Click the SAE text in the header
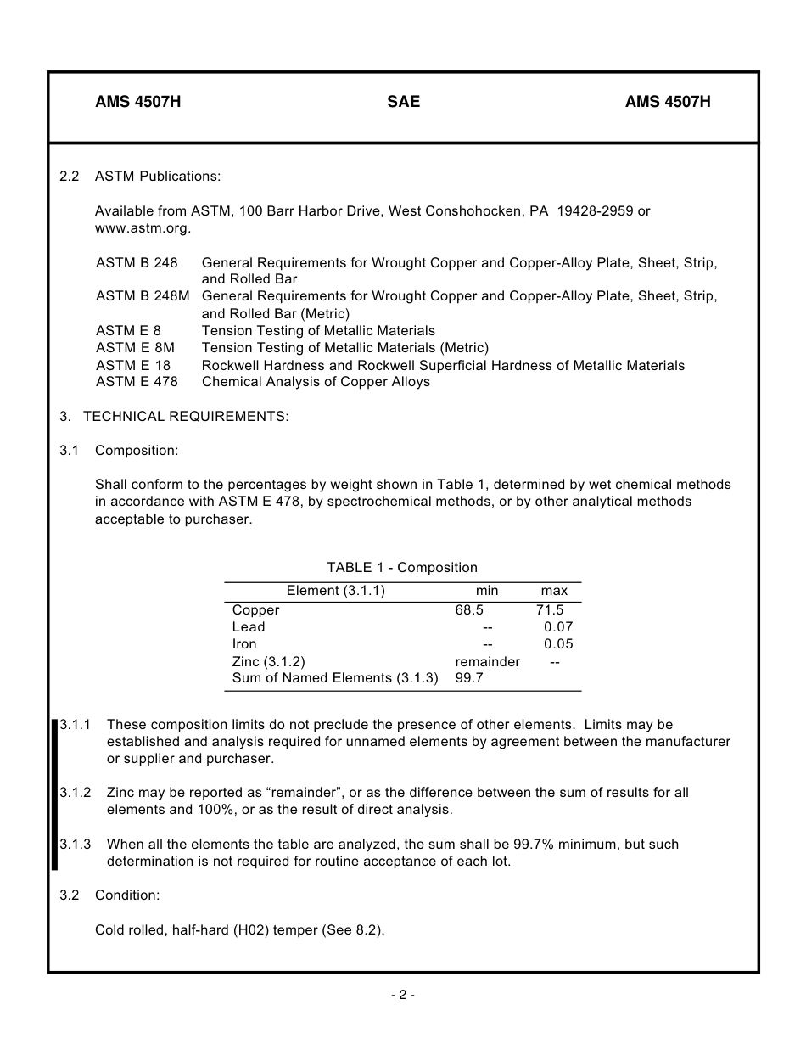[403, 103]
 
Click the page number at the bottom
[403, 995]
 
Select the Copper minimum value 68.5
[469, 609]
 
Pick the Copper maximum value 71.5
[550, 609]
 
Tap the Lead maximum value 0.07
[558, 627]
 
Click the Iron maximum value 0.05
[558, 644]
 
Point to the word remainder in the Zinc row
[487, 661]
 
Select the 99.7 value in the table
[469, 678]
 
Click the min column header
[487, 591]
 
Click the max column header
[554, 591]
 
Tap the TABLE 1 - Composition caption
[402, 568]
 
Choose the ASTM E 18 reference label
[133, 365]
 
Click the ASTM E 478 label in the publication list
[137, 382]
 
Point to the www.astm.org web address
[143, 228]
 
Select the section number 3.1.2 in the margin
[76, 792]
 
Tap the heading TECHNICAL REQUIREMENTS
[186, 416]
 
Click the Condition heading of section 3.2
[127, 895]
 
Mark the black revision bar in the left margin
[54, 794]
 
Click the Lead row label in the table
[249, 627]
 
